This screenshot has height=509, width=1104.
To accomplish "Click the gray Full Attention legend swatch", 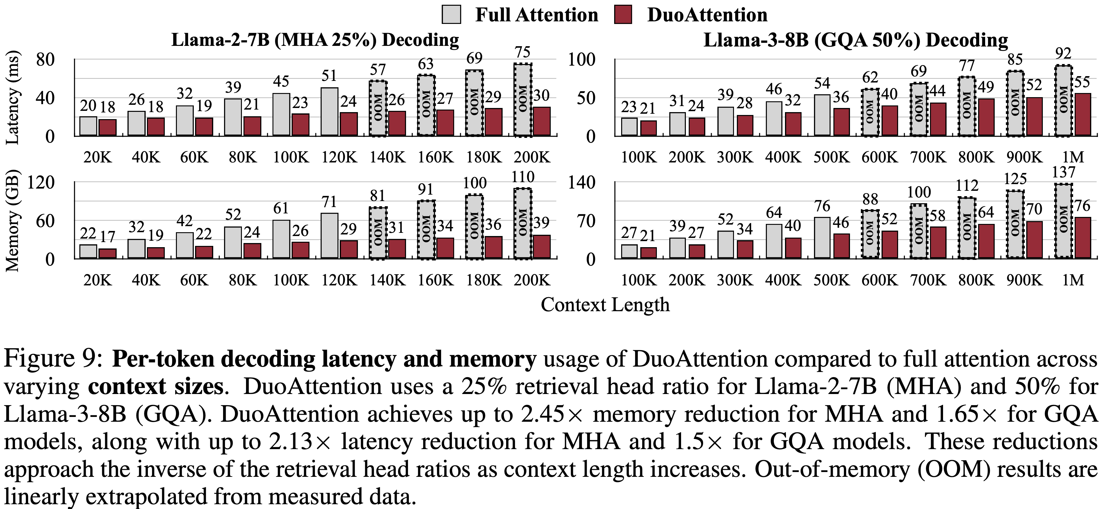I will [x=451, y=15].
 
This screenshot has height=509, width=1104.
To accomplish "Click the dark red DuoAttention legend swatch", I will [x=623, y=15].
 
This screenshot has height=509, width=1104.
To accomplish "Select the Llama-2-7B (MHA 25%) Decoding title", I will [x=315, y=40].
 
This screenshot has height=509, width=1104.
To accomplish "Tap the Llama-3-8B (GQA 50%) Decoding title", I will [x=855, y=40].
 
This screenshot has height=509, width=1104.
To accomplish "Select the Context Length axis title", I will [x=605, y=305].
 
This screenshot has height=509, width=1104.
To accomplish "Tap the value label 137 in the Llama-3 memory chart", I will [x=1064, y=172].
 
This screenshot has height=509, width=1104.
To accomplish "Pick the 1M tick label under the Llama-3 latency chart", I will [x=1073, y=157].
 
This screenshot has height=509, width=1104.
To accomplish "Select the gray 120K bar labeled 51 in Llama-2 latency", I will [x=330, y=112].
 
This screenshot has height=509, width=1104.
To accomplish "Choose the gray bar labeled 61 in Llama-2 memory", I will [x=281, y=239].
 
